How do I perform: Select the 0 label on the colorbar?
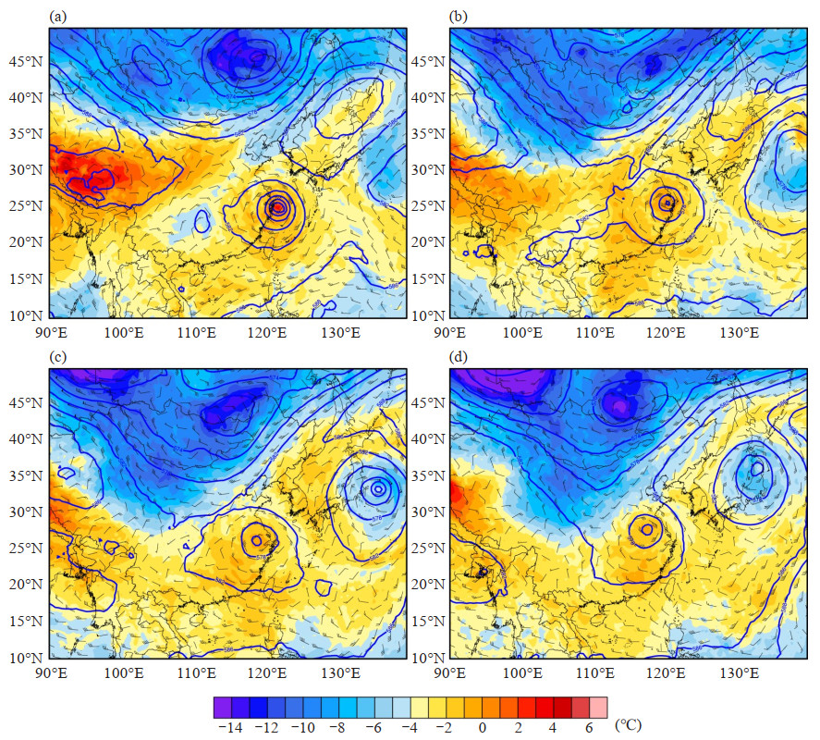[x=482, y=727]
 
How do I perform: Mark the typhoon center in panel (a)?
[x=277, y=208]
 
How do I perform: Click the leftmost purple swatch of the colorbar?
[x=222, y=708]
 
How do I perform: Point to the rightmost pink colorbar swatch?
[x=598, y=708]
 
